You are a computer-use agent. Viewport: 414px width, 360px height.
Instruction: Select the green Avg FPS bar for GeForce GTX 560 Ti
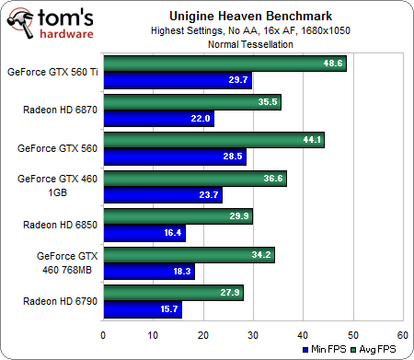(224, 64)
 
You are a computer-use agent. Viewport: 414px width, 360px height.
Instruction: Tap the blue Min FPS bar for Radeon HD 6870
(158, 118)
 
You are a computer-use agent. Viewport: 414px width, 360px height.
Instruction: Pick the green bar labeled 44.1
(213, 141)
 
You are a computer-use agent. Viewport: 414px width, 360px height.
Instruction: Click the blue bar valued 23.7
(163, 194)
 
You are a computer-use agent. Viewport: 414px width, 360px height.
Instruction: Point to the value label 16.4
(171, 233)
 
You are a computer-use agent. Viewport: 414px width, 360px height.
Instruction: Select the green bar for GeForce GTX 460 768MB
(189, 255)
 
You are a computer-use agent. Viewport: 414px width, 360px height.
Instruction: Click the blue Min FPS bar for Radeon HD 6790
(143, 309)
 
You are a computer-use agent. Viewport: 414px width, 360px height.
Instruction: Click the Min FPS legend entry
(328, 350)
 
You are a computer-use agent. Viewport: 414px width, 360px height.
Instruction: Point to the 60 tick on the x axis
(402, 334)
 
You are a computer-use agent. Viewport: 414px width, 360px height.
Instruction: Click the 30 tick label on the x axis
(253, 334)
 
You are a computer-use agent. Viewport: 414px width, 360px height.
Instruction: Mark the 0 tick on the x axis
(104, 334)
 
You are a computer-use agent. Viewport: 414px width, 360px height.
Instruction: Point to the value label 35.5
(268, 102)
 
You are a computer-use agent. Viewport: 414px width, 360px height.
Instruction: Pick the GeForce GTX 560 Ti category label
(52, 72)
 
